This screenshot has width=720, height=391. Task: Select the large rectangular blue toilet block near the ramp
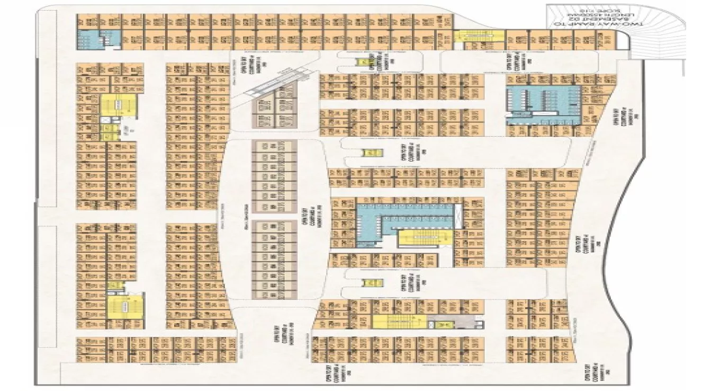click(x=535, y=105)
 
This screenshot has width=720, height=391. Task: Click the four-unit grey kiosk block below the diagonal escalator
click(x=273, y=112)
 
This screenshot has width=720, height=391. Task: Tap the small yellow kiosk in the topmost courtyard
click(x=363, y=62)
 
